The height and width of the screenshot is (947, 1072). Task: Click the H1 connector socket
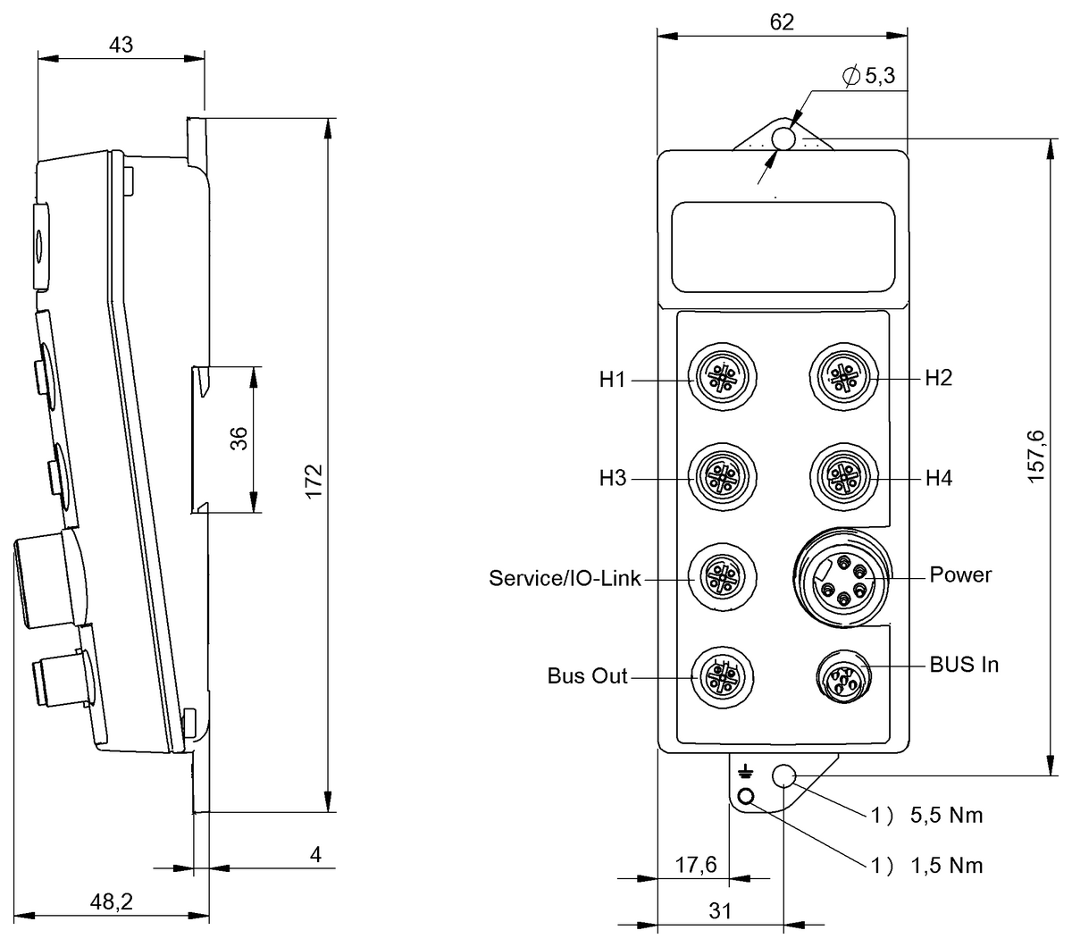click(722, 377)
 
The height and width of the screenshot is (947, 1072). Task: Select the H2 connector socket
click(843, 376)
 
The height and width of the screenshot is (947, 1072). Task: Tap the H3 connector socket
click(722, 477)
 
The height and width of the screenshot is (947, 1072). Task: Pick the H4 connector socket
click(843, 477)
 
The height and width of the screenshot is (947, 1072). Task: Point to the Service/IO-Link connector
click(722, 577)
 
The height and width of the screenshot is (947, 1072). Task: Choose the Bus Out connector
click(722, 678)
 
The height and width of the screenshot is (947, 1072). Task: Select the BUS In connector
click(843, 677)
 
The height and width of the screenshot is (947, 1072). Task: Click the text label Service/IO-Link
click(565, 578)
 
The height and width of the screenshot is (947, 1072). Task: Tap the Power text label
click(960, 574)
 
